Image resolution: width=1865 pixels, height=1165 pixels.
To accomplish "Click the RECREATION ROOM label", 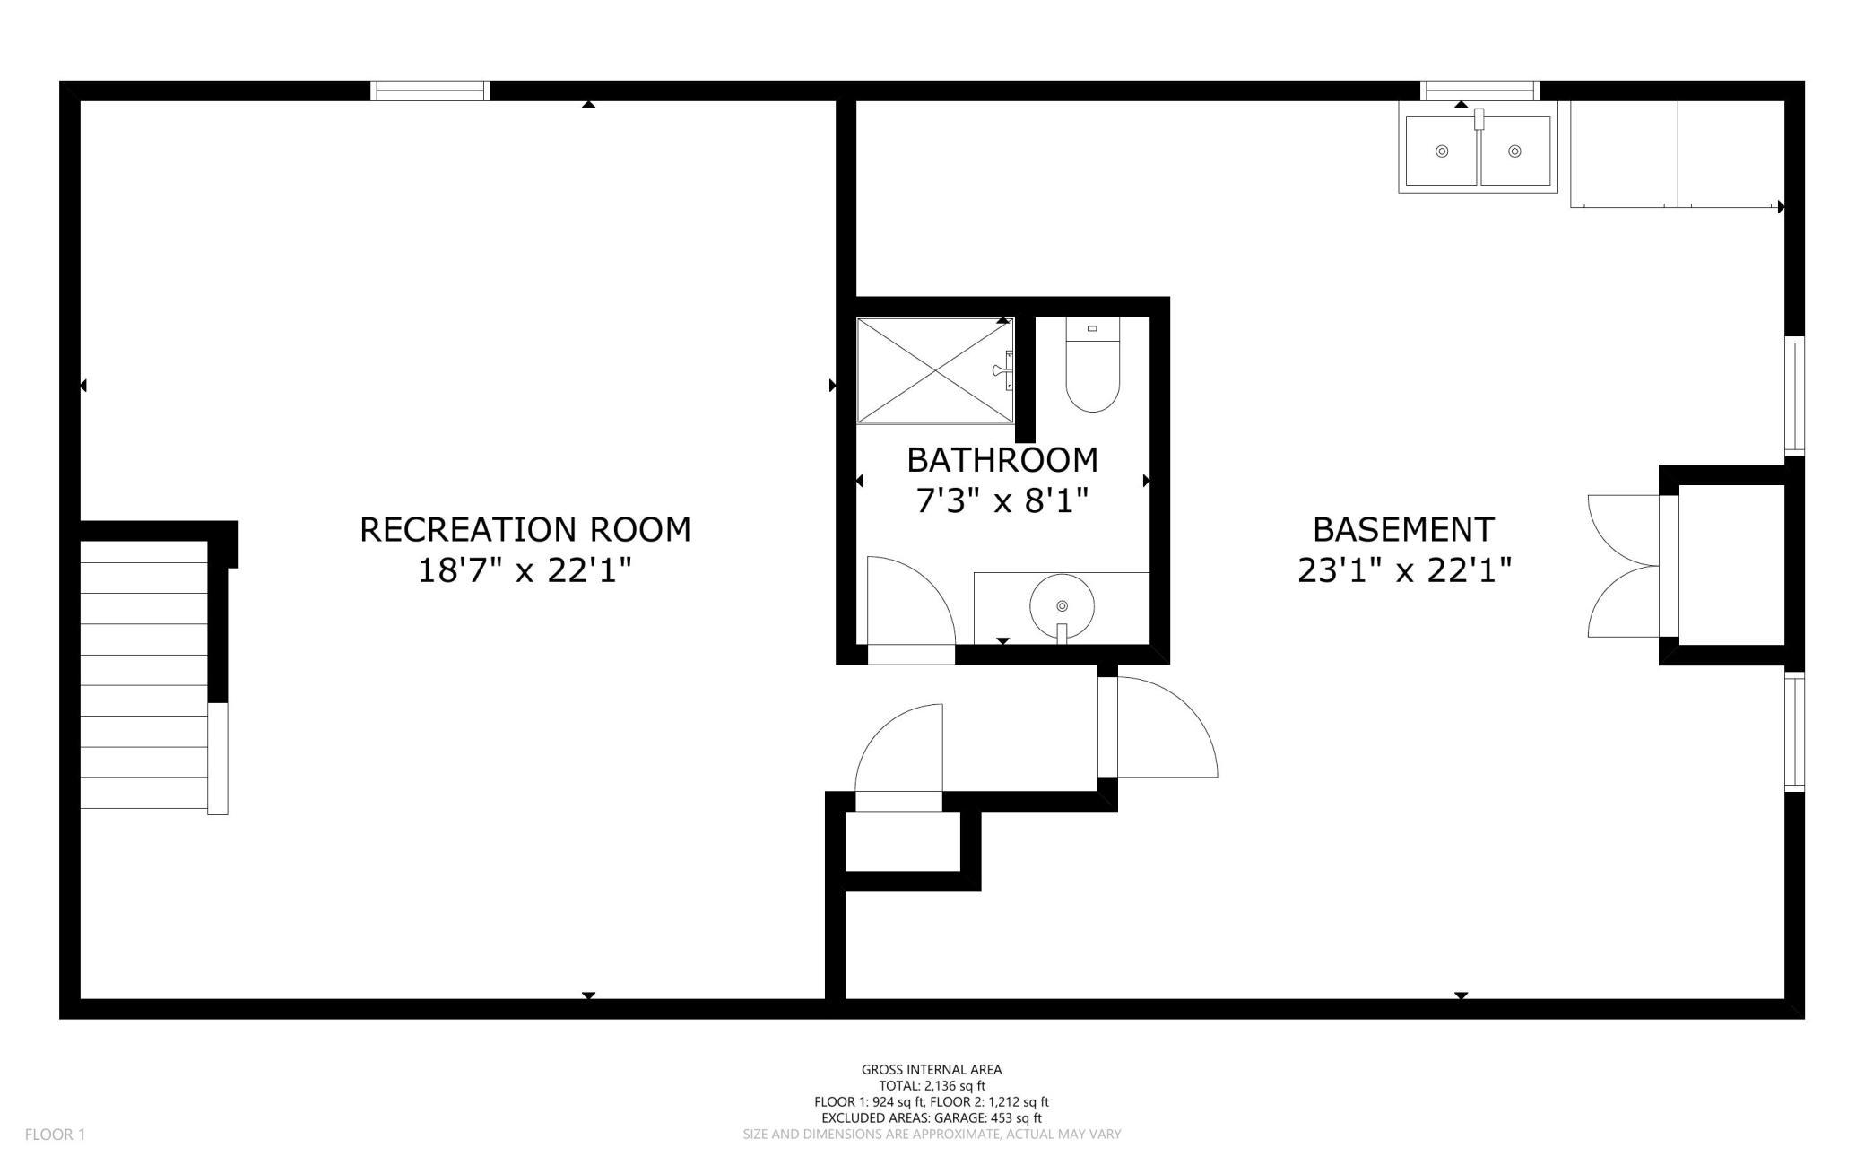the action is coord(525,529).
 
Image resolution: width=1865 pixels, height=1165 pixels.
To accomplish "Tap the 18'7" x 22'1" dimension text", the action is coord(525,570).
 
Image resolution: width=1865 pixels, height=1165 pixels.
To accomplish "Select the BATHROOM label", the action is coord(1002,460).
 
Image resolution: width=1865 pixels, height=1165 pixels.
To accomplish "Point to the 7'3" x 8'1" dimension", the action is coord(1002,500).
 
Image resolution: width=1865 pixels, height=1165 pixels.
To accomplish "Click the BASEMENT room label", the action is coord(1404,529).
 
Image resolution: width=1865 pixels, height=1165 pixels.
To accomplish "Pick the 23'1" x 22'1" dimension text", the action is coord(1404,570).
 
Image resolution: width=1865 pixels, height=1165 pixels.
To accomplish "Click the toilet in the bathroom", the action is coord(1093,365).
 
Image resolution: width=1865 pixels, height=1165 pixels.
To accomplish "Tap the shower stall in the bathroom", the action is coord(935,370).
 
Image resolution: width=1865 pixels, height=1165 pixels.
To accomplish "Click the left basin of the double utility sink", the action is coord(1442,151).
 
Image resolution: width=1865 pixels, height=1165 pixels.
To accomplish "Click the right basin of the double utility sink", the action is coord(1515,151).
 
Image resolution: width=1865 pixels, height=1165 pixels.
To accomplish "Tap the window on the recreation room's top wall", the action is coord(430,91).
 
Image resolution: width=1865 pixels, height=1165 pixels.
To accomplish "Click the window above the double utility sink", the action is coord(1480,91).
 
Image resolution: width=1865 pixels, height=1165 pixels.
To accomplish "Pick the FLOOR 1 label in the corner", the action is coord(55,1135).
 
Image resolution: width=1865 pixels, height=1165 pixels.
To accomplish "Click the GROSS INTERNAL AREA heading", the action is coord(932,1069).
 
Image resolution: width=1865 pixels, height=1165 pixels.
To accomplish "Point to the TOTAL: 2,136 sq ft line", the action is coord(932,1086).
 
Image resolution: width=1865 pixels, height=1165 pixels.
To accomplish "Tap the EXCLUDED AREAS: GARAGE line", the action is coord(932,1118).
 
